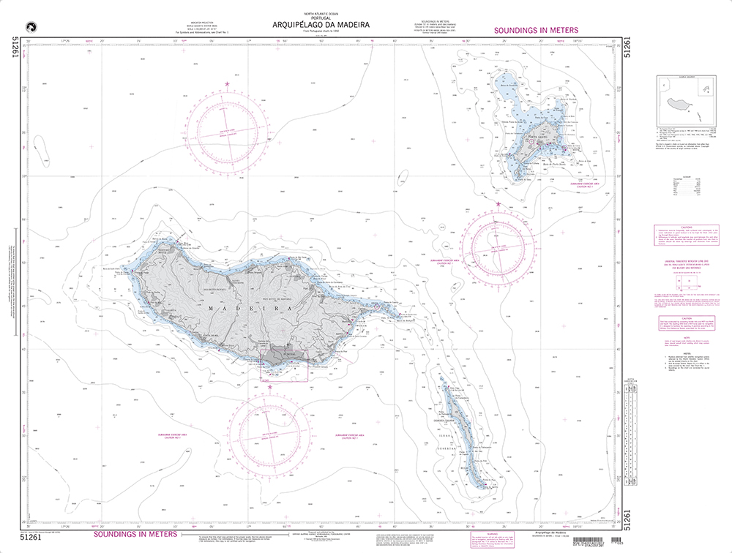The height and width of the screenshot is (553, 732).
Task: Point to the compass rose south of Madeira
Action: (x=267, y=437)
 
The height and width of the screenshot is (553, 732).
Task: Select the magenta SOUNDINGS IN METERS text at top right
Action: (x=537, y=30)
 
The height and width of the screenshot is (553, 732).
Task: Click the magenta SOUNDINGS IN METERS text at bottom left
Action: (x=135, y=535)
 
